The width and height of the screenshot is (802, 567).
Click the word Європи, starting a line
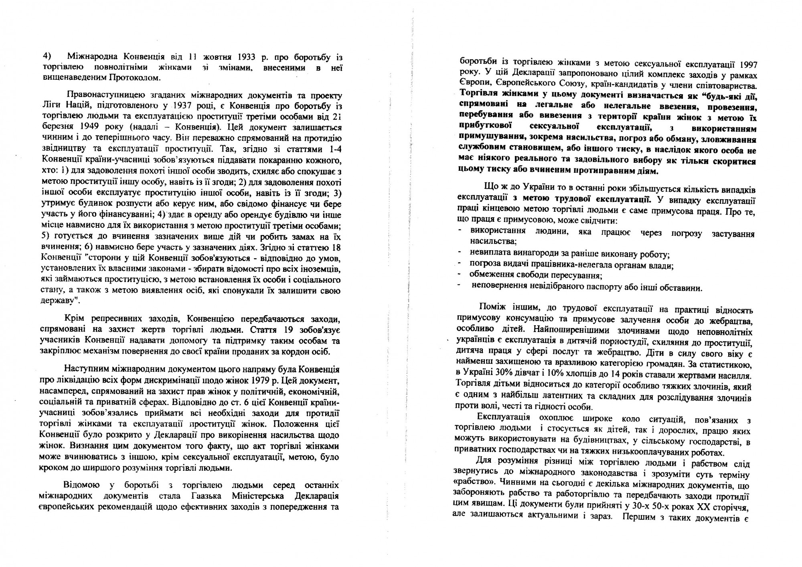click(x=472, y=85)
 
